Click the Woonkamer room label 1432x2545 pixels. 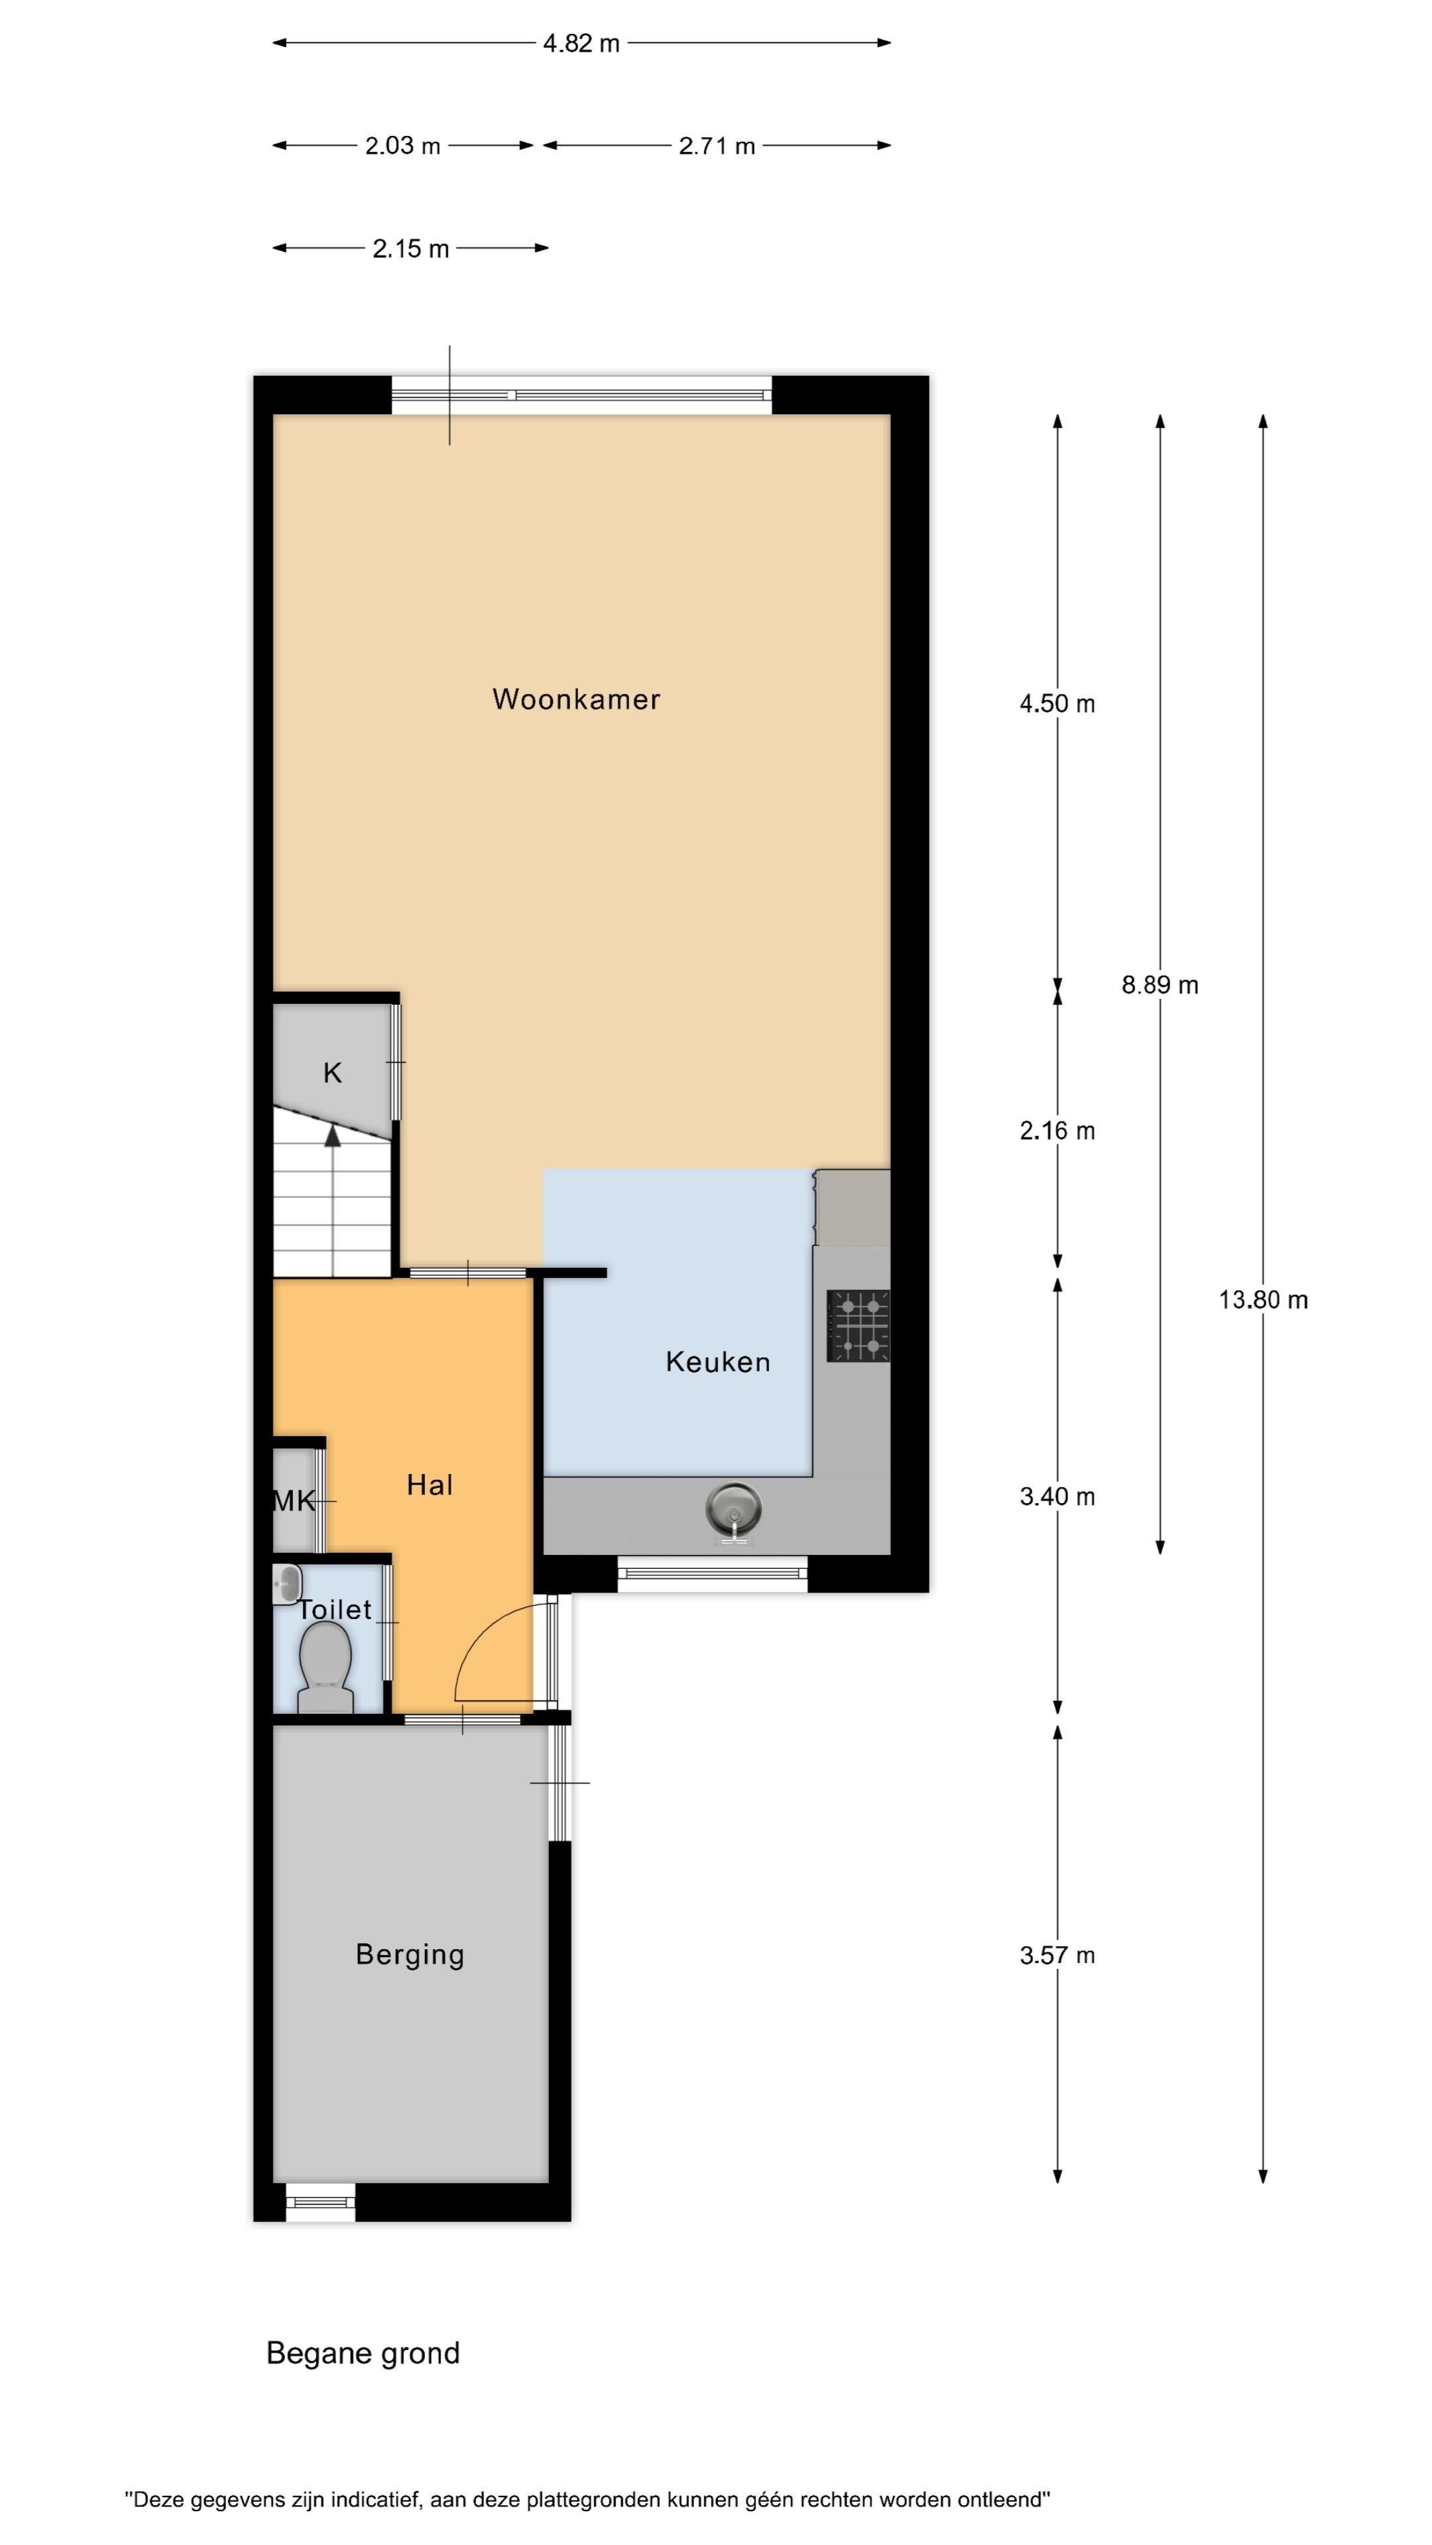coord(576,699)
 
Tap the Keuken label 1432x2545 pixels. coord(717,1363)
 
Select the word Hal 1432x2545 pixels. coord(430,1485)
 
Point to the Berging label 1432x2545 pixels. coord(410,1955)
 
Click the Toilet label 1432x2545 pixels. coord(335,1609)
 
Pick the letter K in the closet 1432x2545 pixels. coord(332,1073)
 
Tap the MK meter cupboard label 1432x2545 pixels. coord(294,1502)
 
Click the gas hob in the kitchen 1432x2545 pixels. coord(859,1326)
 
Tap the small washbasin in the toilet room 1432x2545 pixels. coord(286,1584)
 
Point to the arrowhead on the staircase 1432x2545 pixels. coord(333,1135)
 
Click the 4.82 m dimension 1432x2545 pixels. coord(581,44)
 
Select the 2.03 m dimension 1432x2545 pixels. coord(402,146)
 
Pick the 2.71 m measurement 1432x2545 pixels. coord(717,146)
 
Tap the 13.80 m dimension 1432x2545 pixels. coord(1263,1300)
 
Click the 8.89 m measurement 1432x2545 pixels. coord(1160,985)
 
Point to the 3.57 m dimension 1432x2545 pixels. coord(1057,1955)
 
